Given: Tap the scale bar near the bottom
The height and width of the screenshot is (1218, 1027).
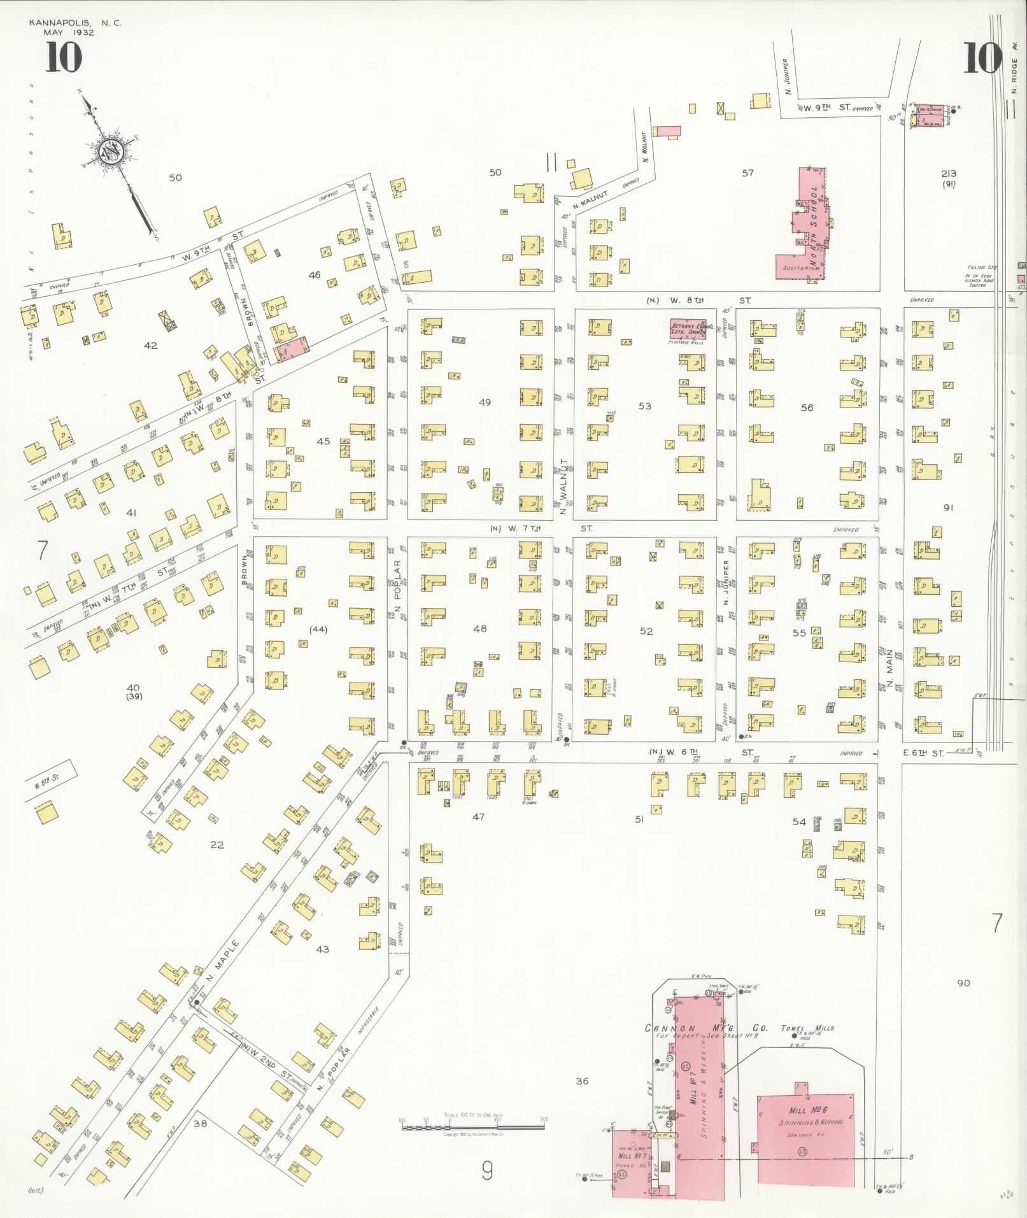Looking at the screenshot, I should click(x=473, y=1126).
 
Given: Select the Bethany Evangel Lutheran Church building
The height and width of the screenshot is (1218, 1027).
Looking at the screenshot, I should click(x=688, y=327).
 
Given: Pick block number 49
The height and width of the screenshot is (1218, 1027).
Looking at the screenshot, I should click(x=485, y=402).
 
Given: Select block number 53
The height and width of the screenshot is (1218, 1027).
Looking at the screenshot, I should click(x=645, y=406).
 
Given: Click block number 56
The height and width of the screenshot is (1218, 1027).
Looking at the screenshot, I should click(x=807, y=407).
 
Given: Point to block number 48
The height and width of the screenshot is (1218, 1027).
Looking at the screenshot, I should click(x=480, y=628).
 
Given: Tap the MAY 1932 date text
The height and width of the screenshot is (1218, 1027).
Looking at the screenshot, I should click(x=69, y=32).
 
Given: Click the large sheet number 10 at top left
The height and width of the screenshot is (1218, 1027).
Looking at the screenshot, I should click(x=63, y=58).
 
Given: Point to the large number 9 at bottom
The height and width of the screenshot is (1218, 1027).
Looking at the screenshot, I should click(x=488, y=1170).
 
